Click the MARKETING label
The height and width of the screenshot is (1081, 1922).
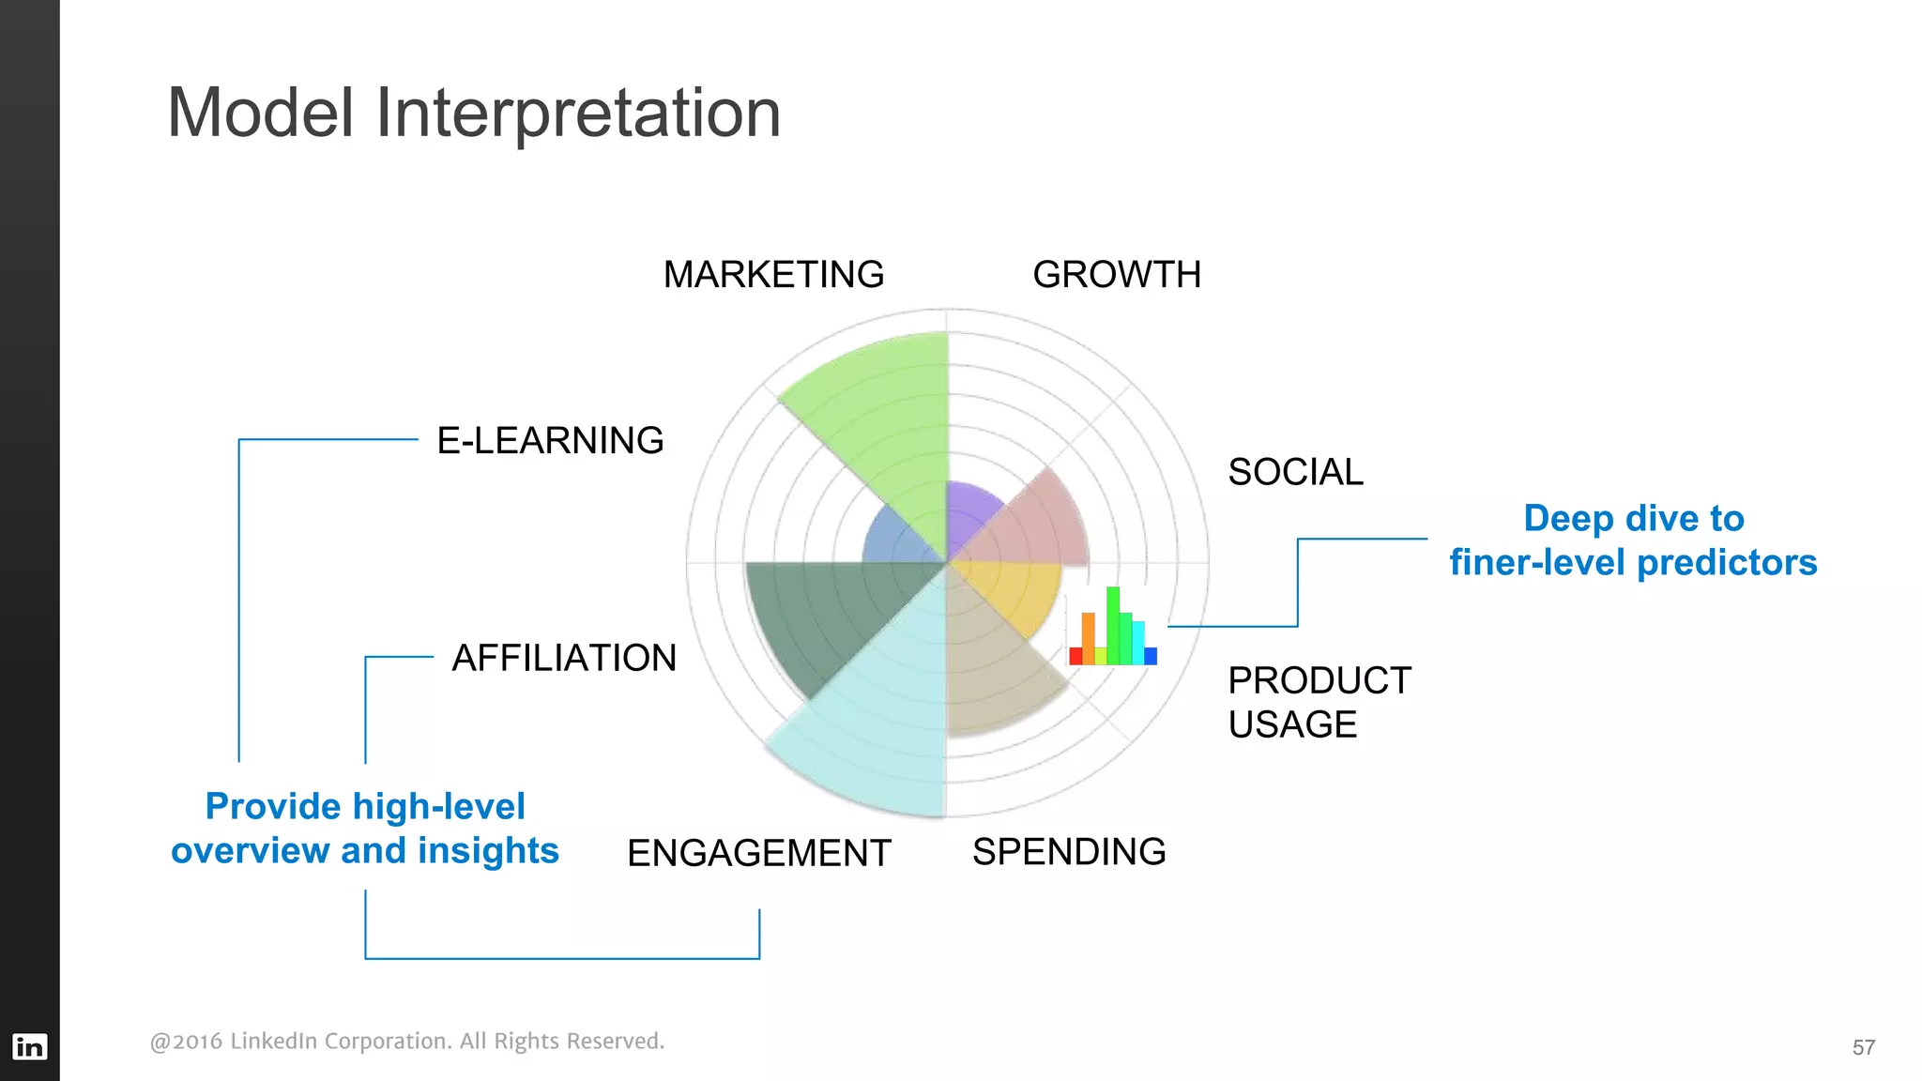click(x=773, y=275)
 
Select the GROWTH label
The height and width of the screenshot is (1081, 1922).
click(x=1117, y=275)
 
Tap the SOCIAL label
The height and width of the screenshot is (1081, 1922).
click(x=1295, y=472)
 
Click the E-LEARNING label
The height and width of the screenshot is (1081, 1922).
click(x=550, y=440)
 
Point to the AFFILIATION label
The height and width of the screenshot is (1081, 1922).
click(x=564, y=658)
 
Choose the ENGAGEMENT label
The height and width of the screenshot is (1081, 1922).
click(x=758, y=853)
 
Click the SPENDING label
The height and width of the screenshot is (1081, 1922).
click(x=1069, y=852)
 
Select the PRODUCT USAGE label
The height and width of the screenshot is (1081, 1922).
click(x=1319, y=702)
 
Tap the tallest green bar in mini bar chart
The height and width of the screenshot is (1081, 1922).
click(x=1113, y=627)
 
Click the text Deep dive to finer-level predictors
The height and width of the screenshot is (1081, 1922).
click(x=1633, y=540)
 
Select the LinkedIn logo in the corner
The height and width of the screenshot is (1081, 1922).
click(x=29, y=1046)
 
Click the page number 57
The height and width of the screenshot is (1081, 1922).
click(x=1863, y=1047)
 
